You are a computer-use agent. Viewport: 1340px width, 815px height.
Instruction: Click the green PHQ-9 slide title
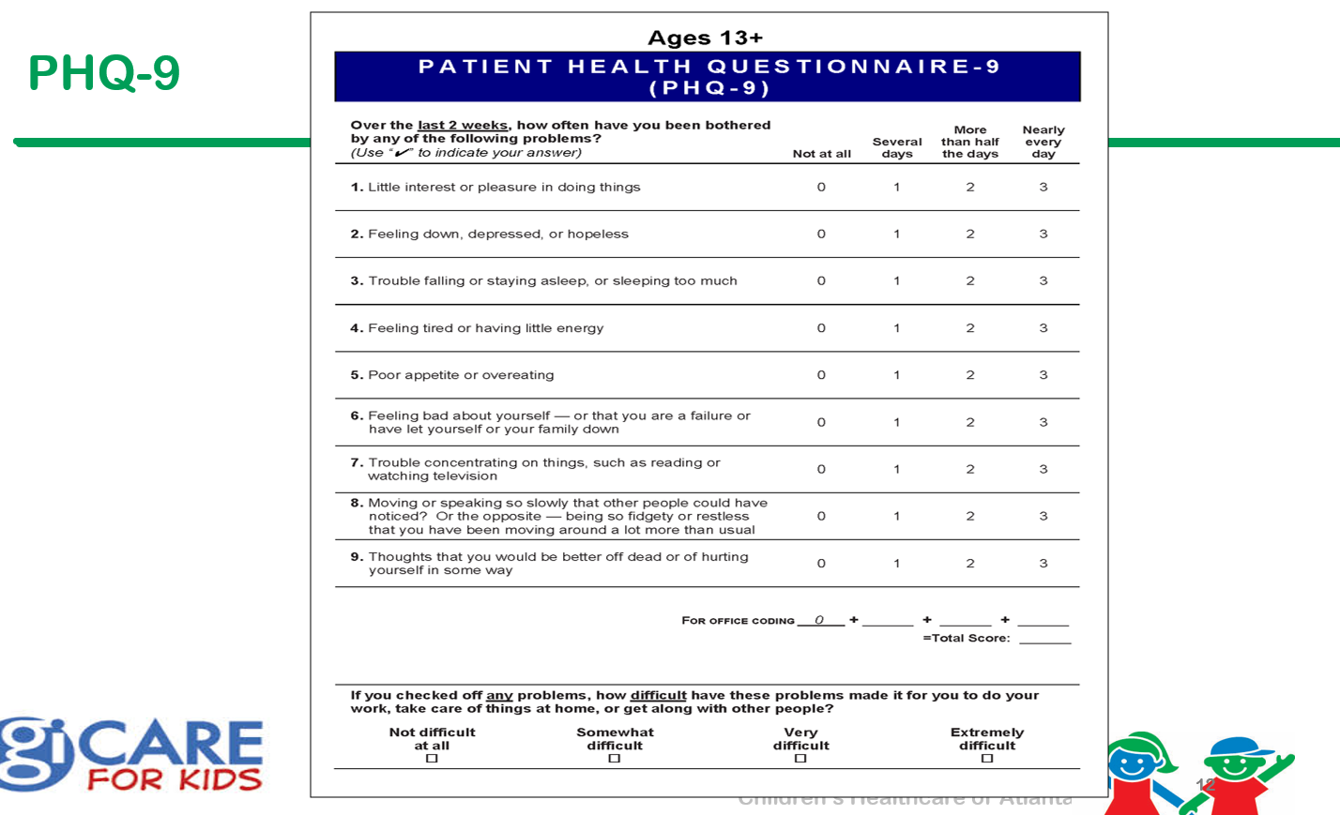(103, 73)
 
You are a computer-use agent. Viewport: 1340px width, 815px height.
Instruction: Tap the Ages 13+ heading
(705, 38)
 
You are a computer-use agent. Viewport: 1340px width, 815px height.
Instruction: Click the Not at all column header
(821, 154)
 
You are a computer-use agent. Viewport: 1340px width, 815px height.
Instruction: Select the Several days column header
(897, 147)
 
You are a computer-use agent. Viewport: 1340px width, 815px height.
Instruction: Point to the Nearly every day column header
(1043, 142)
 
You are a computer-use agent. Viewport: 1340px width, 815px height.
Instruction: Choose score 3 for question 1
(1043, 188)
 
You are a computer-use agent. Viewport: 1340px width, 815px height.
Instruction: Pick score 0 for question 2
(821, 234)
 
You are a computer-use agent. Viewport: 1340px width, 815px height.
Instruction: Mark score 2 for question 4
(970, 328)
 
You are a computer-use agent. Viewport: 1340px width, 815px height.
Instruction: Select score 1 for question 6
(896, 422)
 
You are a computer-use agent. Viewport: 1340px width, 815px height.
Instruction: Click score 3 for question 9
(1043, 564)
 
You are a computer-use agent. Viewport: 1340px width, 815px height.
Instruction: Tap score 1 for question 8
(896, 516)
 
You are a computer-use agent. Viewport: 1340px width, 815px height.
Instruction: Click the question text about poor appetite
(460, 375)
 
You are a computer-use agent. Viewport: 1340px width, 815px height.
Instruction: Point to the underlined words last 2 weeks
(462, 125)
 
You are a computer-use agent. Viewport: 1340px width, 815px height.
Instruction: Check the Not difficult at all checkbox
(432, 759)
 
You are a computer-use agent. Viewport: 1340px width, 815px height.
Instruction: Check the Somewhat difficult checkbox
(615, 759)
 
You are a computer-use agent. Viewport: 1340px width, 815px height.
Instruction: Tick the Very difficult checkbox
(800, 759)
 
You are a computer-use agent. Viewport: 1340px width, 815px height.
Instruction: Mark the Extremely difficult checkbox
(986, 759)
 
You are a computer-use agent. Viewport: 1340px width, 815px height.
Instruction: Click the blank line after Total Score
(1044, 639)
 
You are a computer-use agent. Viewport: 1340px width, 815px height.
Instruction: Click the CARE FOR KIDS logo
(131, 754)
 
